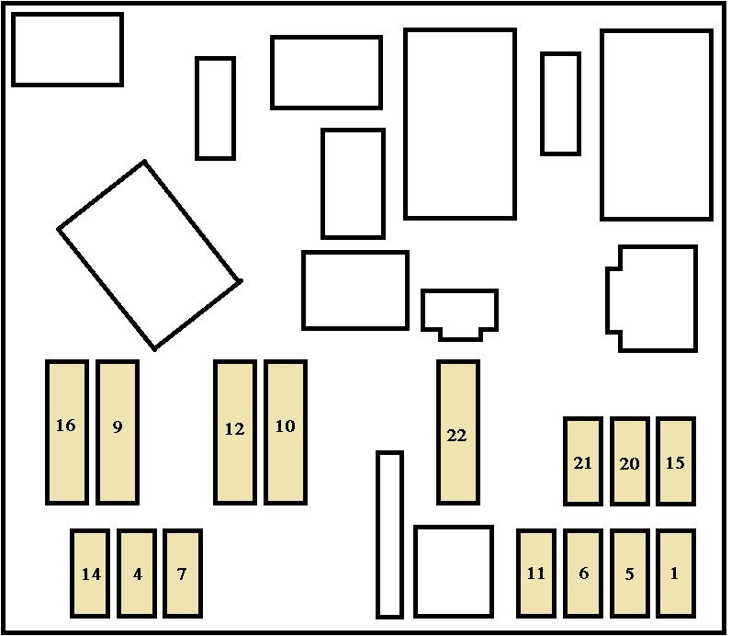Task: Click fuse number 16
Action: [x=66, y=432]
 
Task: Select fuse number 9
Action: [x=118, y=432]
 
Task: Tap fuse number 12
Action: [x=234, y=432]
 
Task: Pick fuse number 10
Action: [x=286, y=432]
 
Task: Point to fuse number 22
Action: [x=457, y=432]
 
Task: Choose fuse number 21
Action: [x=582, y=461]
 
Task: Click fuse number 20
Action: [x=629, y=461]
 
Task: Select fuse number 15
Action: [x=675, y=461]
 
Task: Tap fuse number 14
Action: [x=90, y=573]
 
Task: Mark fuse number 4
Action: [x=137, y=573]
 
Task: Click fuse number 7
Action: [x=183, y=573]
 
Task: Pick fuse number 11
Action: [x=536, y=573]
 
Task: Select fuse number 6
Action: [x=582, y=573]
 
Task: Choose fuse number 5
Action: [x=629, y=573]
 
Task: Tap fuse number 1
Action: [x=675, y=573]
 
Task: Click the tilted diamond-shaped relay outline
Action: [x=150, y=256]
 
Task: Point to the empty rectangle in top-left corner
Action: [x=67, y=50]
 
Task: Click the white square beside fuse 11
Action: [x=453, y=571]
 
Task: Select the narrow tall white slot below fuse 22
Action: [x=389, y=534]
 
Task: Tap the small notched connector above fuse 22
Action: [x=459, y=312]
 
